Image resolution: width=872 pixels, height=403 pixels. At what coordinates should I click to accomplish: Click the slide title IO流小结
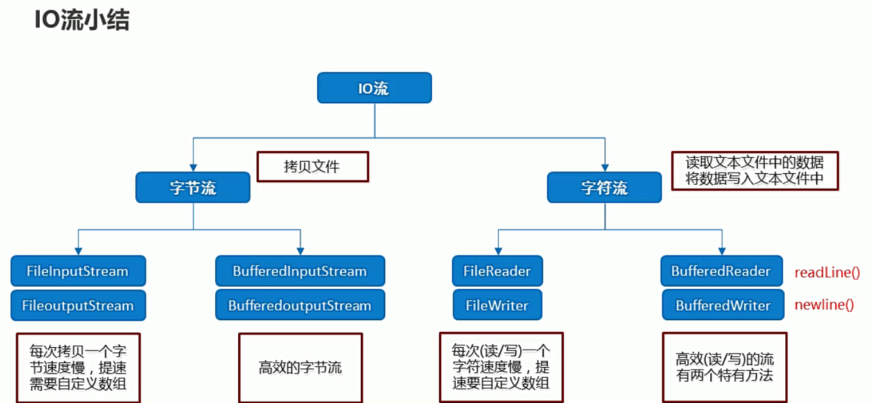tap(82, 21)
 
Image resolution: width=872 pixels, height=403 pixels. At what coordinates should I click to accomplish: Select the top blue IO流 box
tap(374, 88)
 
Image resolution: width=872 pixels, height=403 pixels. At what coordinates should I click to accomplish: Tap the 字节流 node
tap(193, 187)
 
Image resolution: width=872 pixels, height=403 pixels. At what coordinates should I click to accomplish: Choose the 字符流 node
tap(604, 187)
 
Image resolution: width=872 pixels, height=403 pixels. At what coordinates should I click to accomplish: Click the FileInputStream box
tap(78, 271)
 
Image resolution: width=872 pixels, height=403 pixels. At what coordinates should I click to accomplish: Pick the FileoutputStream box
tap(78, 305)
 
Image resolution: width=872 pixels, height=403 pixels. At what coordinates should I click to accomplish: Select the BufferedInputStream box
tap(300, 271)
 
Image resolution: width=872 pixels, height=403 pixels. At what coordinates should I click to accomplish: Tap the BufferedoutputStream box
tap(300, 305)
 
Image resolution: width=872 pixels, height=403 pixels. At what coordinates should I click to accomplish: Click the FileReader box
tap(497, 271)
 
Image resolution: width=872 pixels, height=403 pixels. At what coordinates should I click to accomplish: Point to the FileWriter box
tap(497, 305)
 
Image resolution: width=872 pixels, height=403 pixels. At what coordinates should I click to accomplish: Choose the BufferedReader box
tap(722, 271)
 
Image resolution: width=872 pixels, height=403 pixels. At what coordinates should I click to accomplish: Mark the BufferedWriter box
tap(722, 305)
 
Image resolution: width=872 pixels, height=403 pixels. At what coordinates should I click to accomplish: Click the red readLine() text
tap(827, 272)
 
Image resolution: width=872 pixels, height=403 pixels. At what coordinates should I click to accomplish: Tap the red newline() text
tap(824, 305)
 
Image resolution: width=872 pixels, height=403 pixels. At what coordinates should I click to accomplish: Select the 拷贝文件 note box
tap(313, 167)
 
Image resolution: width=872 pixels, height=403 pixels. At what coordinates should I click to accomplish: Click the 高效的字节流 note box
tap(300, 368)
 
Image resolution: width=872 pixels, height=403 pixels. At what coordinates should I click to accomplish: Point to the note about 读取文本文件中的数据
tap(754, 171)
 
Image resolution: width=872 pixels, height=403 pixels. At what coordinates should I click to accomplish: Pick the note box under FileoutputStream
tap(78, 368)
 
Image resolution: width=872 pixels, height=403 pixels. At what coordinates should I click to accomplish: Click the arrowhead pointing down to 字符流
tap(604, 166)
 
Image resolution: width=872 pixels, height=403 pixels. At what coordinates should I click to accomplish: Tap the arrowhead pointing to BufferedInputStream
tap(300, 250)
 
